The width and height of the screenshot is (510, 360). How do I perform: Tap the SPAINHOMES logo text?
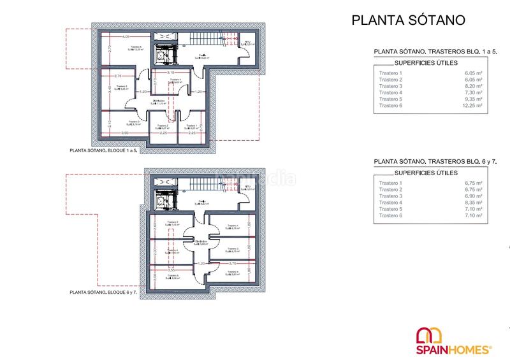coord(453,349)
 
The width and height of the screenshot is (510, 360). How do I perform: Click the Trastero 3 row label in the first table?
coord(391,86)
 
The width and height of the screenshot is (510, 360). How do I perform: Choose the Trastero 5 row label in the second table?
coord(391,210)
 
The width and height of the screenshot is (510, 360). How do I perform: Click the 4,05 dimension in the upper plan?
coord(126,36)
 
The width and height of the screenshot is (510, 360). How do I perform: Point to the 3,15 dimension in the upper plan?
coord(171,73)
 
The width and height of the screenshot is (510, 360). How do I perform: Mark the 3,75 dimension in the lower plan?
coord(233,263)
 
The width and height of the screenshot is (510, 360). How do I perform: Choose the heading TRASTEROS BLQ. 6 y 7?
coord(433,162)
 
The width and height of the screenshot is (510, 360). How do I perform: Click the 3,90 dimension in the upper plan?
coord(126,133)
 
